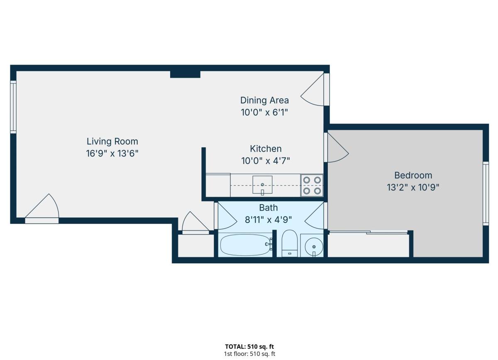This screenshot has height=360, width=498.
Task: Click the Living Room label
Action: (x=112, y=142)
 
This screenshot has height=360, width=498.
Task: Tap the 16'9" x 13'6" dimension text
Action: (x=112, y=154)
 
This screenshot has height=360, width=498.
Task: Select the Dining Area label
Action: (x=265, y=100)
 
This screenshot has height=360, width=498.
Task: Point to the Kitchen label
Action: (x=266, y=149)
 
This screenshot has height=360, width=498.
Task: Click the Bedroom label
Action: (x=413, y=175)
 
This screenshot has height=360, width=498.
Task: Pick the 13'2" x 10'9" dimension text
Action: (x=413, y=188)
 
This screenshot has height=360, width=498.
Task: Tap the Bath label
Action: (x=269, y=208)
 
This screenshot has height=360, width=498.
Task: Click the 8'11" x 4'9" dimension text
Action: (x=269, y=220)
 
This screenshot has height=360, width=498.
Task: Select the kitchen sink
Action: (x=262, y=185)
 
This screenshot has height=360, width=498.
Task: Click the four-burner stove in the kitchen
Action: (x=312, y=185)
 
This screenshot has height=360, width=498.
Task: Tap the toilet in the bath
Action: (x=290, y=243)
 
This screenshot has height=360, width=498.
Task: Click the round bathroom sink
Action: (x=314, y=247)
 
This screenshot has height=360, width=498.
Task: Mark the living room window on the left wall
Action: (x=13, y=107)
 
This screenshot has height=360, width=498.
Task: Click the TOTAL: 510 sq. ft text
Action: (x=249, y=347)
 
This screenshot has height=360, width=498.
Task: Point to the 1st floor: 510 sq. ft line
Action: (x=249, y=354)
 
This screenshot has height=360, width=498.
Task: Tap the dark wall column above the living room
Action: (x=185, y=74)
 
